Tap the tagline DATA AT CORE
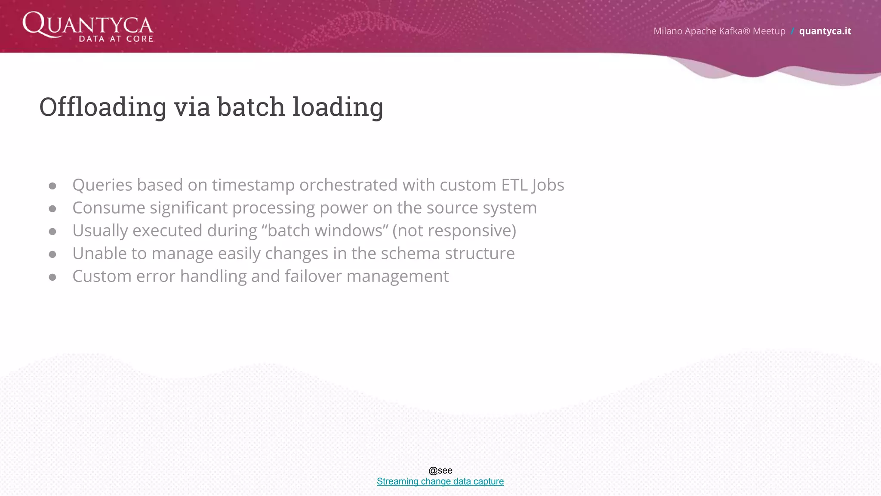click(x=116, y=39)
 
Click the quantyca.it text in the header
click(x=825, y=31)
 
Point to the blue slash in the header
click(x=792, y=31)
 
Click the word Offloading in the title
click(x=103, y=107)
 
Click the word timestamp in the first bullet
click(x=253, y=185)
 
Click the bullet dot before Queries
click(x=52, y=186)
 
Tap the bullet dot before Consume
click(x=52, y=209)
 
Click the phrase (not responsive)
click(x=454, y=231)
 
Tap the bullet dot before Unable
click(x=52, y=254)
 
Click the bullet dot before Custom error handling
click(x=52, y=277)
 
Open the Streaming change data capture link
click(x=440, y=481)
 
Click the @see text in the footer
click(x=440, y=471)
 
